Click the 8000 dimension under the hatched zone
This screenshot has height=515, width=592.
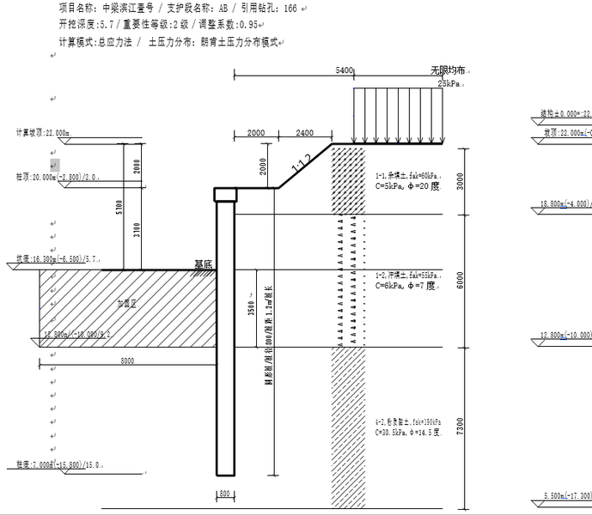coord(127,361)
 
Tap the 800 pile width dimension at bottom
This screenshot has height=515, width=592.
coord(225,494)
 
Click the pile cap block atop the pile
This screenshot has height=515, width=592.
coord(225,194)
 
